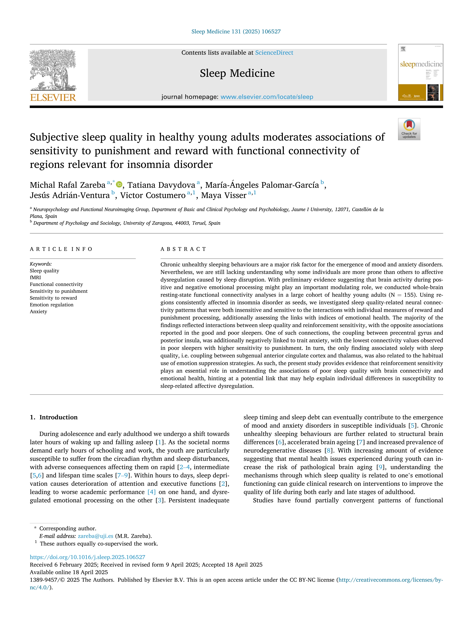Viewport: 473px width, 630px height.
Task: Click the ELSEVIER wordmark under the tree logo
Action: point(53,98)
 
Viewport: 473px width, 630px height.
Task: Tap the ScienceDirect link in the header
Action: point(274,53)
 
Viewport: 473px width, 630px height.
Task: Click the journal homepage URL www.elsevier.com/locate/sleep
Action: point(267,97)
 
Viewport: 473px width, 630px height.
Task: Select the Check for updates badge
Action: point(409,129)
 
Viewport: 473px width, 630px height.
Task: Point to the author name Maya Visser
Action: point(224,195)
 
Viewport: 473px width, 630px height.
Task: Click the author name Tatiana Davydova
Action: point(161,185)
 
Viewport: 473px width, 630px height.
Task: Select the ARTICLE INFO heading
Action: point(61,249)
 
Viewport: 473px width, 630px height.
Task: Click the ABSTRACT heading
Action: point(183,249)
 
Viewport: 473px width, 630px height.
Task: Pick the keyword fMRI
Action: point(35,277)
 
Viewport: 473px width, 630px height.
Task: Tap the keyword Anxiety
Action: point(39,312)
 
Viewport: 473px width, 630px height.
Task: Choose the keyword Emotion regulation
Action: point(52,305)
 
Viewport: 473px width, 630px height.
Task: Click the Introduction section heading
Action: point(58,417)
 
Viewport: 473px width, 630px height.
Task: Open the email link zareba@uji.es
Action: point(96,536)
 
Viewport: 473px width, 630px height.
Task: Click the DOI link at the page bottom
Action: point(88,557)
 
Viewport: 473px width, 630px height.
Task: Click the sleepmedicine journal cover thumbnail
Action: point(421,72)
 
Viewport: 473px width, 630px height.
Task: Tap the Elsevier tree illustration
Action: point(53,70)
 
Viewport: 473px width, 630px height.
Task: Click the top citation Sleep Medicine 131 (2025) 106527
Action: point(236,32)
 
